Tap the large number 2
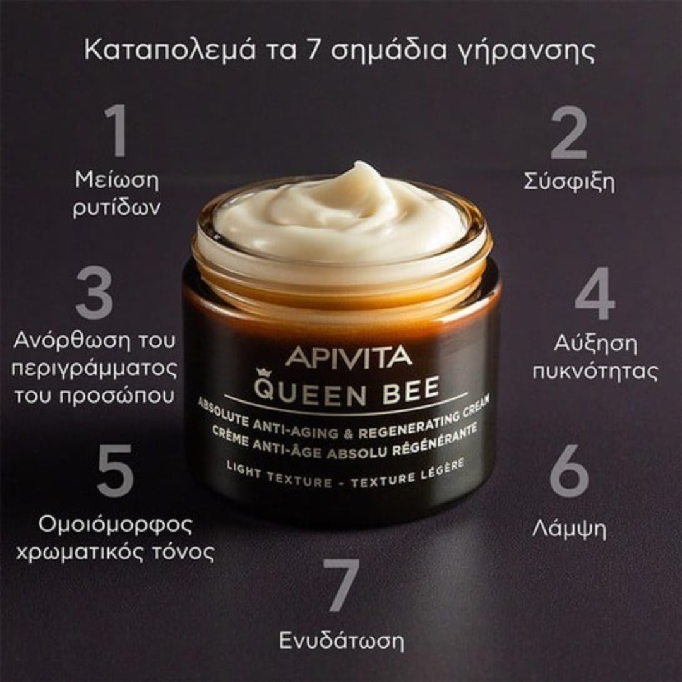click(x=569, y=133)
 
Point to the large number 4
click(x=594, y=294)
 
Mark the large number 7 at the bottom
click(x=341, y=585)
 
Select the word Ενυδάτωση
click(x=341, y=640)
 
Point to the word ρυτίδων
click(x=116, y=208)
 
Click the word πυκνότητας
click(x=595, y=371)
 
